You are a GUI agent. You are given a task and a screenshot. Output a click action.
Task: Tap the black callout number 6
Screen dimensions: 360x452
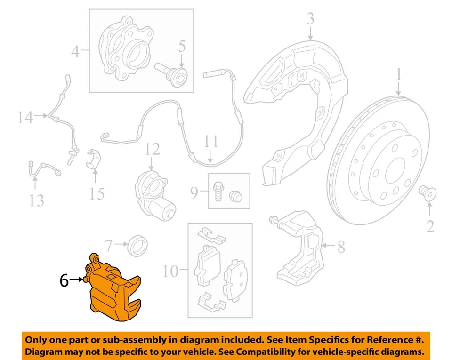pos(64,281)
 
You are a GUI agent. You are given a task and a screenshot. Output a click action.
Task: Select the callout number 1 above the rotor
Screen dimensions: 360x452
pos(398,75)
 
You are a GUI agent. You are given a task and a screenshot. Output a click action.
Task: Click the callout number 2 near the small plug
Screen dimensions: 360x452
pos(430,226)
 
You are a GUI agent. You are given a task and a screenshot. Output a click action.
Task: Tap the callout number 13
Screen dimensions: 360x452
pos(36,200)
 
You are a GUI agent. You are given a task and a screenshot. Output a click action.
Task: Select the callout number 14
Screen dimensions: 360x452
pos(26,117)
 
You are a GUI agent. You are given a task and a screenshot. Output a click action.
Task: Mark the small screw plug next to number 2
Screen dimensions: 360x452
pos(428,192)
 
